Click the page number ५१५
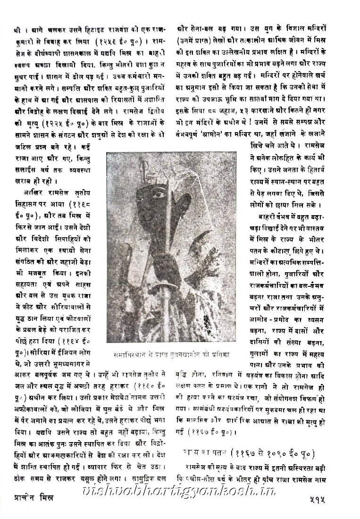click(342, 506)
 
